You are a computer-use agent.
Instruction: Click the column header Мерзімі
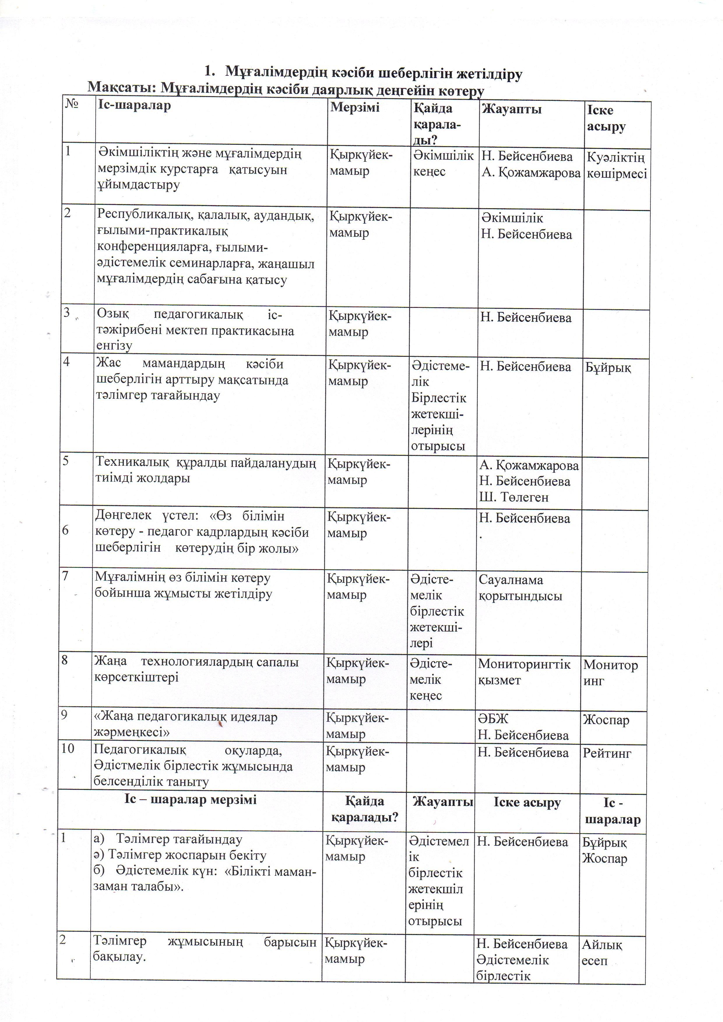point(355,108)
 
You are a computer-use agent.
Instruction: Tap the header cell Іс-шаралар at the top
point(135,106)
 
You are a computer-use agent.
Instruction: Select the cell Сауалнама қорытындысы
point(520,588)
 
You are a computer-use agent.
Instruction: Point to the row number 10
point(68,748)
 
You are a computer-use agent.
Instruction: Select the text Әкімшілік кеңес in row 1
point(443,163)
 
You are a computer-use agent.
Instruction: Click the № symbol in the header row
point(72,104)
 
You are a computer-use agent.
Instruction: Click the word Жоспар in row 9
point(606,720)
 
